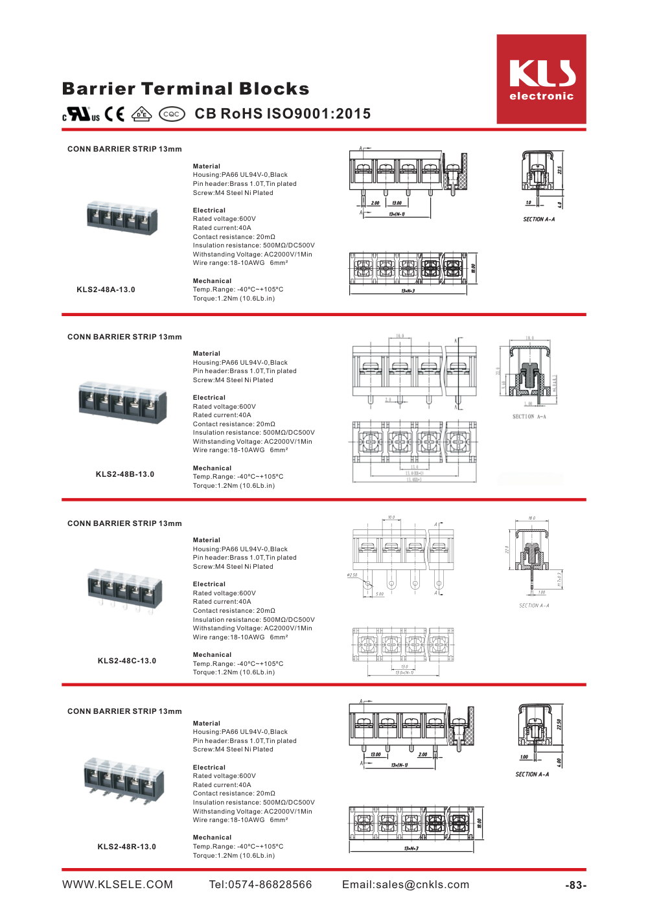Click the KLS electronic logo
click(541, 79)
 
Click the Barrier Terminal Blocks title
click(186, 89)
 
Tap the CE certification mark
click(115, 114)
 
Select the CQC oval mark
click(172, 114)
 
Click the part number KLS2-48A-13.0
click(106, 290)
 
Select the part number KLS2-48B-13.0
click(125, 474)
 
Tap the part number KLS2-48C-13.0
click(127, 661)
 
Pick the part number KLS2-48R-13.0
click(127, 847)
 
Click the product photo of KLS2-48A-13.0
click(122, 218)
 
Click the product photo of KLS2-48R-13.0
click(124, 777)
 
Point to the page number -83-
click(575, 885)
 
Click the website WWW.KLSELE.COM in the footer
click(118, 885)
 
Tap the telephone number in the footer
click(260, 885)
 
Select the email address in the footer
click(406, 885)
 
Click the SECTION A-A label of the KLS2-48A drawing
click(538, 220)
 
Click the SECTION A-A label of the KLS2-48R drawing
click(532, 774)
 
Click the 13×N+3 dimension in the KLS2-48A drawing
click(408, 291)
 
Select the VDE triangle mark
click(141, 114)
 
